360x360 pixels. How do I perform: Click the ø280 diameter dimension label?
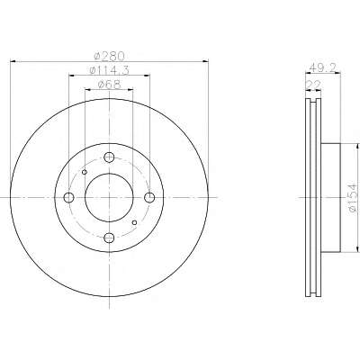[109, 56]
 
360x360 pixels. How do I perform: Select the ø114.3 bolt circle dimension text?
[110, 71]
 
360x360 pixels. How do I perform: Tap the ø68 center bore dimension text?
[110, 85]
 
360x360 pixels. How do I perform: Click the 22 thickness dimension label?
[313, 85]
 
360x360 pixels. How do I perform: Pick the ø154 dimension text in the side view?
[353, 197]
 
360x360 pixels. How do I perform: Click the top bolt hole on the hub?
[109, 157]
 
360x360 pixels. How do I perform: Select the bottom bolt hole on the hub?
[109, 238]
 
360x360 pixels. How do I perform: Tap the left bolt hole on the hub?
[69, 197]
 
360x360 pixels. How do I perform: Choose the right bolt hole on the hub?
[149, 197]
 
